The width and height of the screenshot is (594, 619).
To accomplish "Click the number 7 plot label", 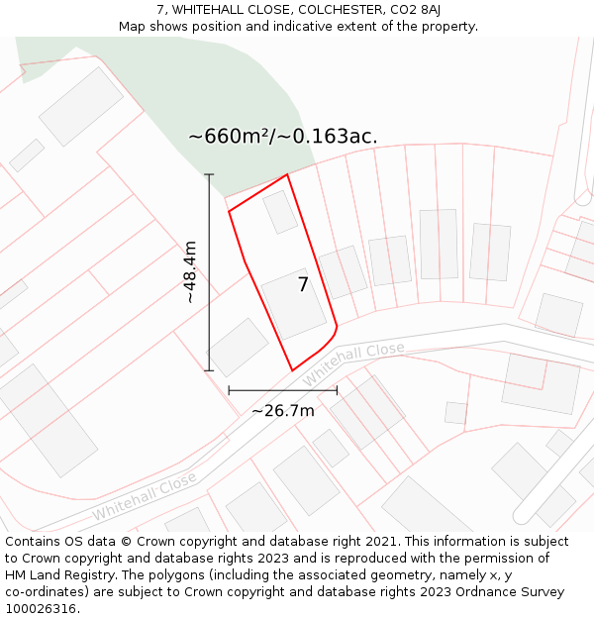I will point(304,285).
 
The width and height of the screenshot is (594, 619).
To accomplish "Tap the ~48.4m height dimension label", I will point(190,271).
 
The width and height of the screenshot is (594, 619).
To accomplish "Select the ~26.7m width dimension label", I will point(282,410).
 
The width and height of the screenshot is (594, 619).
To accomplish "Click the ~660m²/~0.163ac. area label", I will point(283,137).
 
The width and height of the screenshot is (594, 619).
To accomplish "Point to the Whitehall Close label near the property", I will point(353,364).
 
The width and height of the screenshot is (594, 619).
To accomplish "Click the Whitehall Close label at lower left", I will point(145,496).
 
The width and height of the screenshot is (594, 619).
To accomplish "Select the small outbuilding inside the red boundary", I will point(280,212).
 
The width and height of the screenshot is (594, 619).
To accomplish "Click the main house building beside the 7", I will point(294,303).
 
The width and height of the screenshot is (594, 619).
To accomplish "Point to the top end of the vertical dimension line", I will point(209,174).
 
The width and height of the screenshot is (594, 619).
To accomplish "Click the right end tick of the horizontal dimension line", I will point(337,390).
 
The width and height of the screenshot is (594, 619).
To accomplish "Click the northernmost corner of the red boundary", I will point(287,175).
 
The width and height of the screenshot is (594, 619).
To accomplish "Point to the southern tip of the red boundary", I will point(292,370).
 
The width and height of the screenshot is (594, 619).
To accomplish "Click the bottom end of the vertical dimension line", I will point(209,371).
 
